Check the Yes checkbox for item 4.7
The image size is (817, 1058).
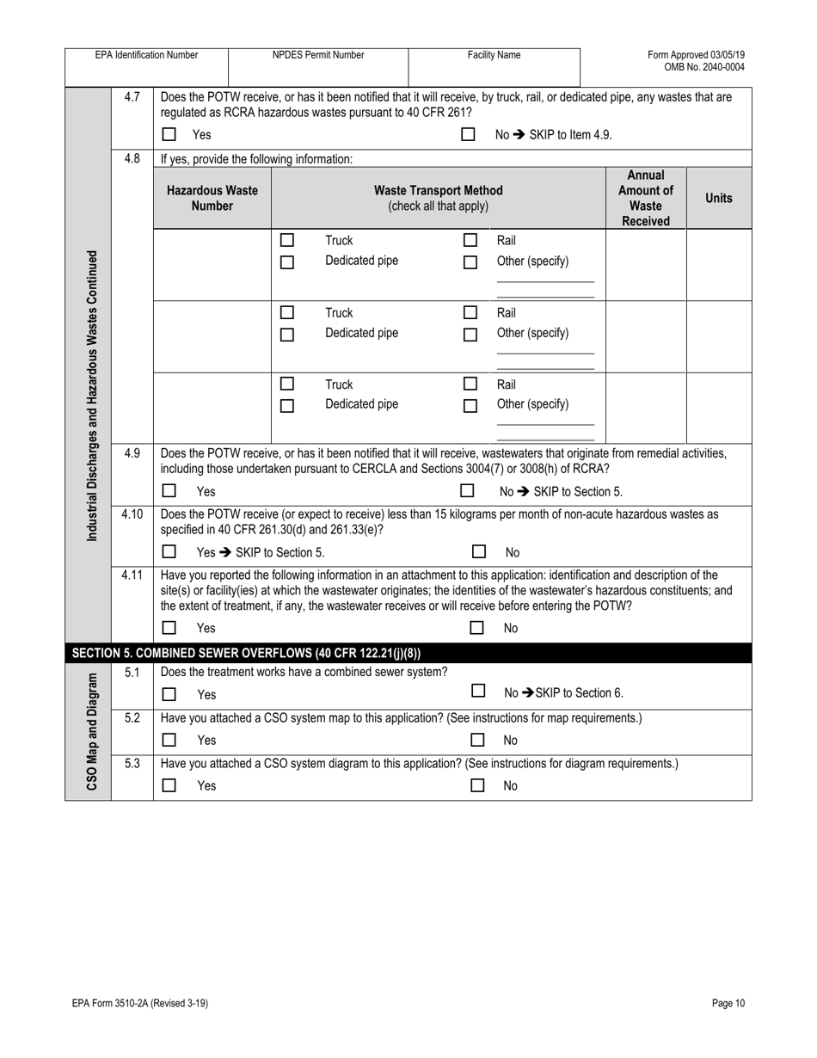[x=169, y=135]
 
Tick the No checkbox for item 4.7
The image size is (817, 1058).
[x=468, y=135]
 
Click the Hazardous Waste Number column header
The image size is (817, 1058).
[x=212, y=198]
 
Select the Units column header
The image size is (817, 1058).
[x=718, y=198]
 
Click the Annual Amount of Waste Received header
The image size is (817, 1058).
[x=646, y=198]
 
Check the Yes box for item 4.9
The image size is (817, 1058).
[x=169, y=491]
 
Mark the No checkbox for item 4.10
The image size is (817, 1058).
[x=479, y=552]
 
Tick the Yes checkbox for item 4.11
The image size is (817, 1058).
[x=169, y=628]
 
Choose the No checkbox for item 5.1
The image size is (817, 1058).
[x=479, y=692]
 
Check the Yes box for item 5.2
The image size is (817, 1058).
[x=169, y=740]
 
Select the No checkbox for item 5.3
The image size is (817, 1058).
[x=479, y=785]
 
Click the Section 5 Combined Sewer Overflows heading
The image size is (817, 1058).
[x=247, y=652]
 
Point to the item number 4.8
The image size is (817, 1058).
[x=132, y=158]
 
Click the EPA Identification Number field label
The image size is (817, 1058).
[x=146, y=55]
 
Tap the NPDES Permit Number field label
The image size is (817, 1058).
[x=318, y=55]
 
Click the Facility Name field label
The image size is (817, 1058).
[x=494, y=55]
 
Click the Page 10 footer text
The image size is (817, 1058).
[x=728, y=1003]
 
